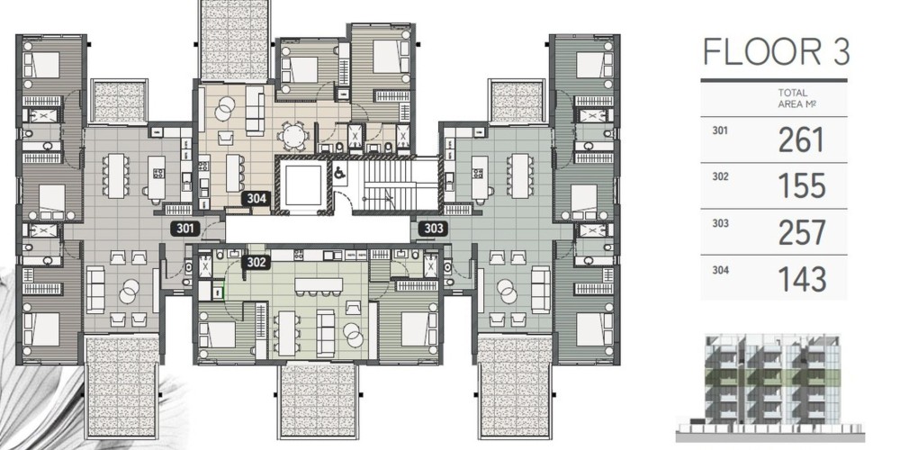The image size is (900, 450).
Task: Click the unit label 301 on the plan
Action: click(184, 229)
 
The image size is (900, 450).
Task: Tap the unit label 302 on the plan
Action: click(256, 262)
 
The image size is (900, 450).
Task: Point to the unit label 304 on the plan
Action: click(256, 199)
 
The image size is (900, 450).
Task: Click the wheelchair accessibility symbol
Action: click(340, 172)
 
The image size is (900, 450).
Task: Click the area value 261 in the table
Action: click(801, 140)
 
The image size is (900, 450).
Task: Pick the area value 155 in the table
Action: click(801, 186)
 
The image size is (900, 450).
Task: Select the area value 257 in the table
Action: click(801, 232)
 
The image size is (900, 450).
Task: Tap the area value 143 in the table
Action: click(801, 279)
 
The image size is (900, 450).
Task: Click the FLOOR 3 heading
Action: click(776, 51)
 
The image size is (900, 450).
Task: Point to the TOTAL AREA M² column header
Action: click(794, 98)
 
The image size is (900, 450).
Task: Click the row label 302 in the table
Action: click(720, 176)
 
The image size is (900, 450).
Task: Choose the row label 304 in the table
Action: click(720, 268)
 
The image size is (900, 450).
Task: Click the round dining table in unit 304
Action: click(293, 137)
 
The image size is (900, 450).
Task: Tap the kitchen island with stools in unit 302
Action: click(319, 286)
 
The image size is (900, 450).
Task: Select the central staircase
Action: click(387, 185)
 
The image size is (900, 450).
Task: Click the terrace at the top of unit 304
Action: click(234, 40)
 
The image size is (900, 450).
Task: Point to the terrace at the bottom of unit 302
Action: click(318, 400)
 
